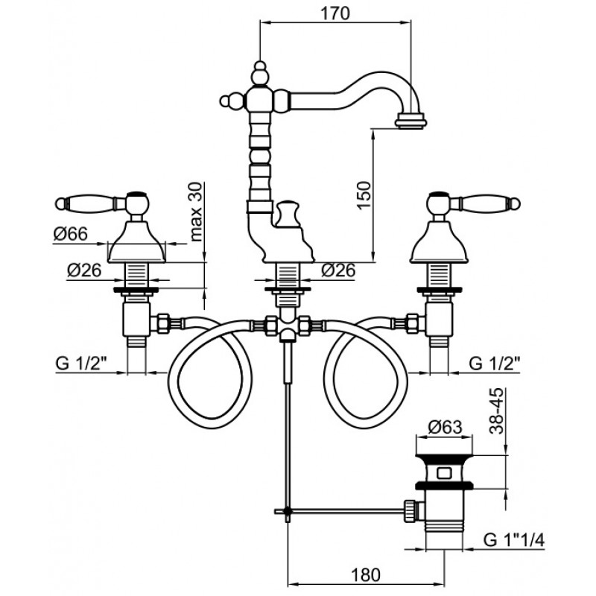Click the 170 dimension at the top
(x=335, y=13)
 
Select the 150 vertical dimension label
(x=364, y=195)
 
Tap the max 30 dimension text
(x=196, y=212)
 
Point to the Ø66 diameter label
(x=70, y=234)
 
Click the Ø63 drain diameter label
(x=445, y=427)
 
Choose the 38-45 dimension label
(x=496, y=410)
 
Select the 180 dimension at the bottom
(x=365, y=574)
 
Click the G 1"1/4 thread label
(x=514, y=539)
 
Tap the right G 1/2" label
(x=494, y=364)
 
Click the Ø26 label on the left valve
(x=84, y=270)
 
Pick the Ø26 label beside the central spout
(x=338, y=270)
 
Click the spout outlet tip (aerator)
(x=410, y=120)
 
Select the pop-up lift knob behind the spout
(x=288, y=214)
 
